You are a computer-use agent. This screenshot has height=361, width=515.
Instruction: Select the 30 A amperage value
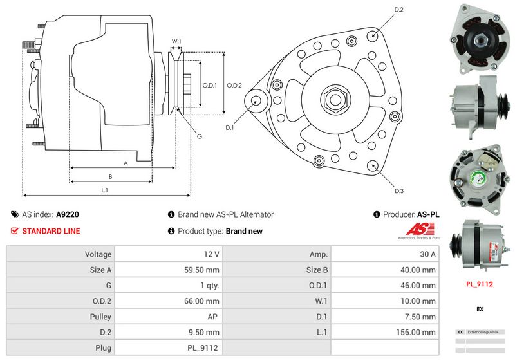[427, 254]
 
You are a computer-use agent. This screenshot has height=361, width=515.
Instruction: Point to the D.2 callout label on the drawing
[398, 10]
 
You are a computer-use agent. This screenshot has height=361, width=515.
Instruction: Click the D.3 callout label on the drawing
[398, 191]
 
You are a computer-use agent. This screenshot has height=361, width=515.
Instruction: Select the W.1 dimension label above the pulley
[176, 42]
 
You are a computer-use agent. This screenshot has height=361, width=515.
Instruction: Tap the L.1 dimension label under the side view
[104, 190]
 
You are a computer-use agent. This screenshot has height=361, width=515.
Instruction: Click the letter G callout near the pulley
[200, 136]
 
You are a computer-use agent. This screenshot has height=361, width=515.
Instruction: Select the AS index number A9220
[68, 215]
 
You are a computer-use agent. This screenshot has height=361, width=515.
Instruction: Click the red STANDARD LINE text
[51, 231]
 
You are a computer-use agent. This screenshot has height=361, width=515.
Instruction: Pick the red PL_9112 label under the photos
[480, 284]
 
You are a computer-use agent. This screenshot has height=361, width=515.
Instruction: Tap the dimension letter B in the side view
[110, 176]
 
